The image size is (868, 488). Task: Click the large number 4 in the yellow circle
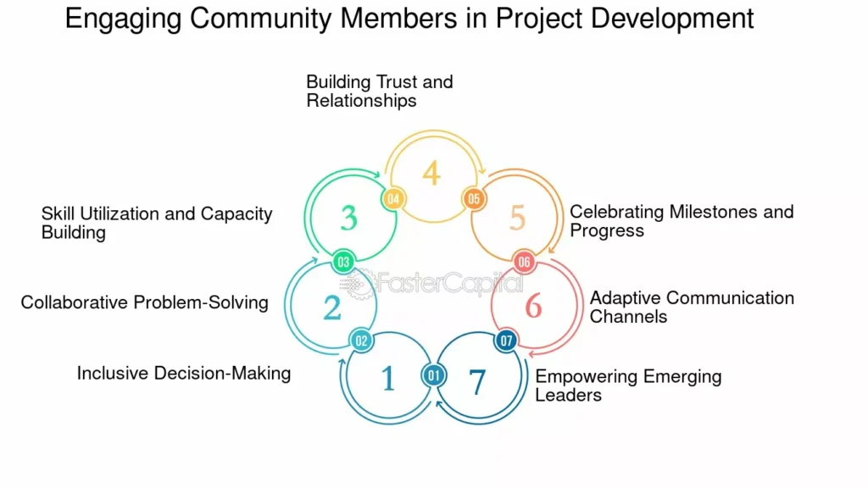pos(431,173)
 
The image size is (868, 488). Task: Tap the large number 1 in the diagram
pos(387,379)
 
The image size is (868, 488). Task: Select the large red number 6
pos(533,305)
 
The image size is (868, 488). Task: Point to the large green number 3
pos(348,218)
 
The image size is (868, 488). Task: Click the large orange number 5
pos(517,218)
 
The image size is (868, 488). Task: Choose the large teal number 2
pos(331,307)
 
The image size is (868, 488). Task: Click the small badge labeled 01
pos(434,374)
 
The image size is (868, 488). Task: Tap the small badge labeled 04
pos(393,198)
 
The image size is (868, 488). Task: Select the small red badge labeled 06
pos(524,262)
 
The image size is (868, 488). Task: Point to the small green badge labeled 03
pos(343,262)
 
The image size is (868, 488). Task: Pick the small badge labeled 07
pos(507,341)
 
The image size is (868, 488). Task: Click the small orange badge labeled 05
pos(473,198)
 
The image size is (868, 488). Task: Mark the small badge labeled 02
pos(361,341)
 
